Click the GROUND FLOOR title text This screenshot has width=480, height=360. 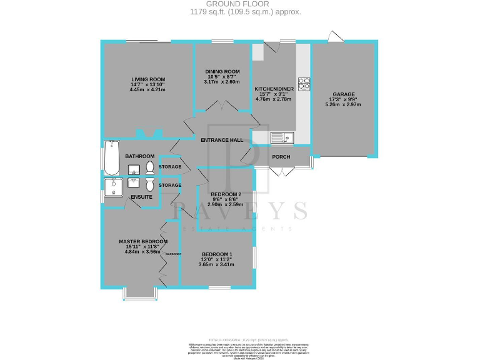[240, 4]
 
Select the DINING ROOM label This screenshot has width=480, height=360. [222, 71]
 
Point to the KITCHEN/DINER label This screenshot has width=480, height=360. [274, 89]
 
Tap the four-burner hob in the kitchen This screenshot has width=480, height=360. [304, 82]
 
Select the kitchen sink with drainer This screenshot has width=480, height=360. [282, 137]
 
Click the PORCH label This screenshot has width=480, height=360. [281, 156]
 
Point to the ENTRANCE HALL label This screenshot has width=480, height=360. [222, 140]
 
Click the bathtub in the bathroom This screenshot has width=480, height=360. [111, 157]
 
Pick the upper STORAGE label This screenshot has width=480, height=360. [170, 167]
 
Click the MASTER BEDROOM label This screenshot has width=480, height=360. [143, 241]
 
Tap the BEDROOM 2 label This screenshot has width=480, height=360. [226, 194]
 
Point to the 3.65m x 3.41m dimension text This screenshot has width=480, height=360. [217, 264]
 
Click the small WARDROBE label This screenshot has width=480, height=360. [173, 254]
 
